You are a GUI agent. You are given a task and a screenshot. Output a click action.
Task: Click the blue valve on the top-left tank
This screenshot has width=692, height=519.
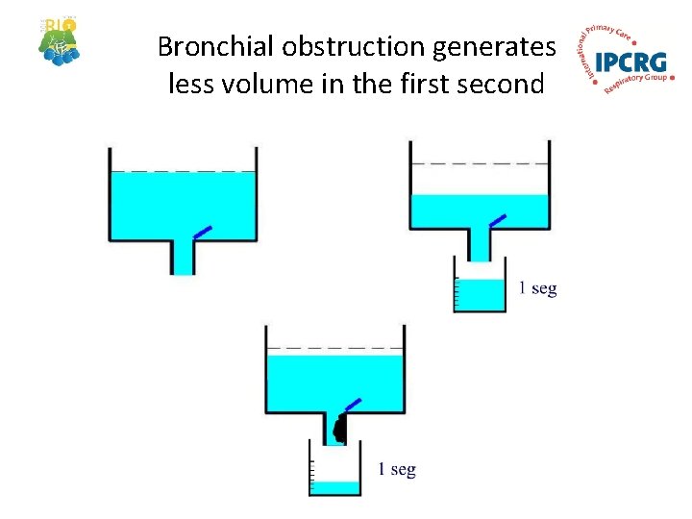(x=202, y=232)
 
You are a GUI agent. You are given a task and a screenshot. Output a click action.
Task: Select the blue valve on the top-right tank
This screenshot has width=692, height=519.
(x=497, y=220)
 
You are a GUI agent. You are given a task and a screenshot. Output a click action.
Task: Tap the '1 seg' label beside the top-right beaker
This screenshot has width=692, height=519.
(x=537, y=288)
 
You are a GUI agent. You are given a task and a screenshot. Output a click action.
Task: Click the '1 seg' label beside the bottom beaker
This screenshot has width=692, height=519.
(x=396, y=469)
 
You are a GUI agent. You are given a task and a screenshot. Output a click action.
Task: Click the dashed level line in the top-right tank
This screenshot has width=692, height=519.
(x=480, y=164)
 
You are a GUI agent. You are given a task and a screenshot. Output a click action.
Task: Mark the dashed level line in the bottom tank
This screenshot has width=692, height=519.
(x=334, y=347)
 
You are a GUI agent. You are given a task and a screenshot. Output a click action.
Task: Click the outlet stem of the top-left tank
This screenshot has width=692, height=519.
(x=183, y=257)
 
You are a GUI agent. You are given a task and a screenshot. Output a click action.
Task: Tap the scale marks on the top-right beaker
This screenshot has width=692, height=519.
(x=457, y=292)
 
